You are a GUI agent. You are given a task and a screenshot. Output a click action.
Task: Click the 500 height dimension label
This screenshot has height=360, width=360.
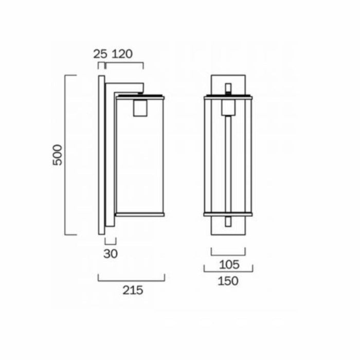coord(58,155)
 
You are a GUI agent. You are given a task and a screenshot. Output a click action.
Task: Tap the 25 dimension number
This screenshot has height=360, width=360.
coord(100,54)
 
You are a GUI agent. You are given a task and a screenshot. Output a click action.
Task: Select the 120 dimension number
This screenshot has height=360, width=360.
coord(122,54)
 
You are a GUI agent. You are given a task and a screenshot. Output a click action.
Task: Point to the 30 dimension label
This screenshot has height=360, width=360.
coord(111,254)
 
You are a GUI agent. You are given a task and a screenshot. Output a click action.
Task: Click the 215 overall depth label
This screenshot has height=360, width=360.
coord(133,291)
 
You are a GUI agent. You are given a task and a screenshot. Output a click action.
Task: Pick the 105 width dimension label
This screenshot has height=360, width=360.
coord(229,265)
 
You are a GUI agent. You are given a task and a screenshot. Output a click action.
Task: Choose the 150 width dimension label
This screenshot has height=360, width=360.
coord(228,281)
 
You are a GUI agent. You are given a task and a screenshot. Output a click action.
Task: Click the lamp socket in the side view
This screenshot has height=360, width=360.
coord(140,108)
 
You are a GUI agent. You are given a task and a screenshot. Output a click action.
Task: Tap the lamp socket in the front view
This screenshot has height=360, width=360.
coord(228,107)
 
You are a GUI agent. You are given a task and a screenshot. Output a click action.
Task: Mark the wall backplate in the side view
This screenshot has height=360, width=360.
coord(101,155)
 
